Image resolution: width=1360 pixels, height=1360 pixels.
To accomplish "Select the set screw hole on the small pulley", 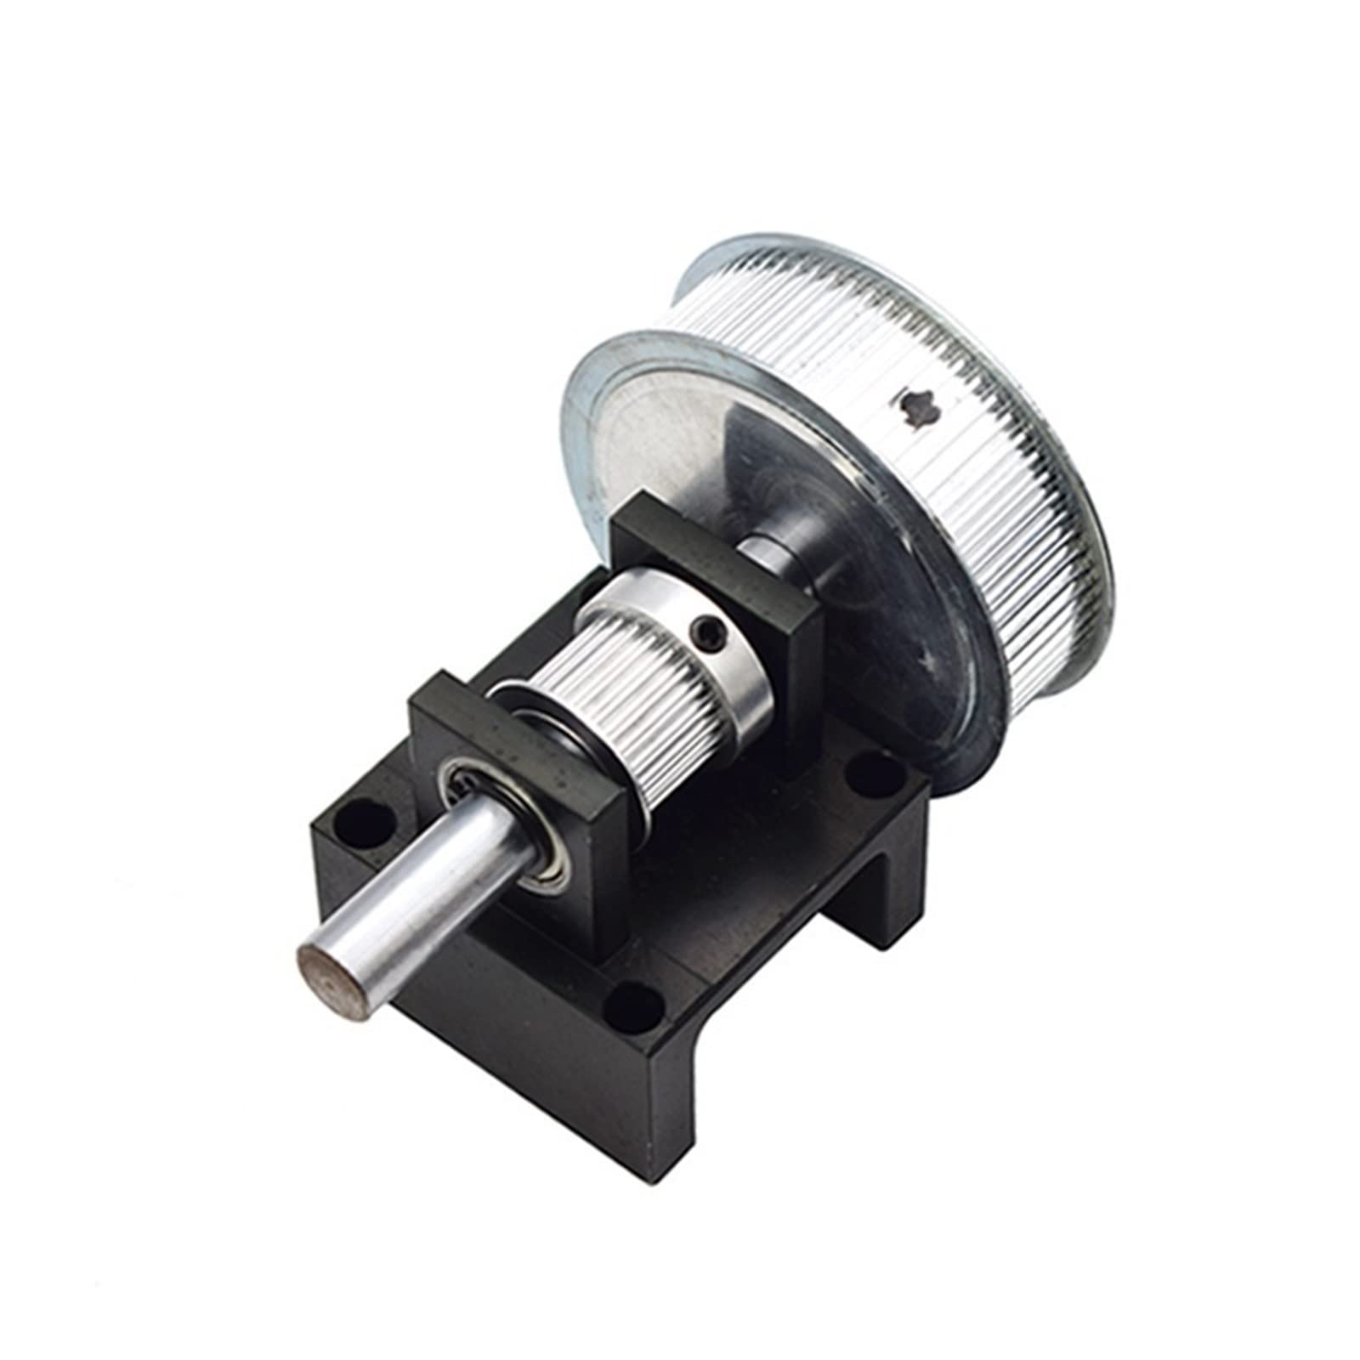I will [x=709, y=630].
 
